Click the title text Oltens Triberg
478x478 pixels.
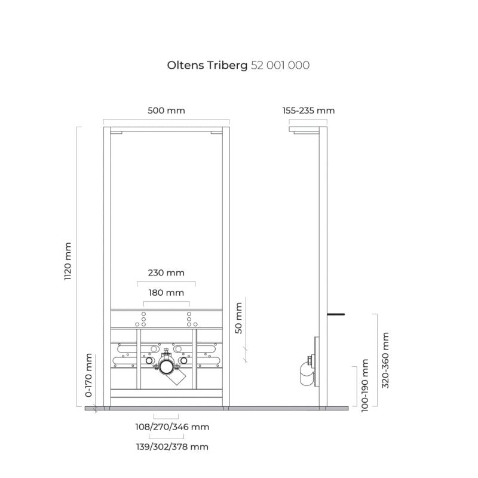click(x=207, y=66)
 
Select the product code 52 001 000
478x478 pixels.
click(x=280, y=65)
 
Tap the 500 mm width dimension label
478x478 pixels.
click(x=166, y=111)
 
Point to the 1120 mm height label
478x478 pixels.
click(x=68, y=261)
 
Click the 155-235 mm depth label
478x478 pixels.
click(x=308, y=111)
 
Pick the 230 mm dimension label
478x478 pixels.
click(x=166, y=272)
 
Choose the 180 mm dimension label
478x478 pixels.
click(x=166, y=293)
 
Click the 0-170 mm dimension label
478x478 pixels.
click(x=88, y=375)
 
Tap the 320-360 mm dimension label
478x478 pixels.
click(x=385, y=360)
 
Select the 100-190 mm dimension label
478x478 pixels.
click(x=364, y=385)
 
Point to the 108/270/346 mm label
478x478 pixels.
click(x=172, y=427)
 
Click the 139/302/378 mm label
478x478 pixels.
click(x=172, y=447)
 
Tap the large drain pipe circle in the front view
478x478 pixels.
click(x=167, y=367)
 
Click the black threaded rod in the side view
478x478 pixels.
click(x=336, y=314)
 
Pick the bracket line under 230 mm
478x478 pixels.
click(x=166, y=282)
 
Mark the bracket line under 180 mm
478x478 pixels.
click(x=167, y=302)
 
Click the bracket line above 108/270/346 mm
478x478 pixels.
click(x=166, y=419)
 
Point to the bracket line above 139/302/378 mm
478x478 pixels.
click(x=167, y=439)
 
